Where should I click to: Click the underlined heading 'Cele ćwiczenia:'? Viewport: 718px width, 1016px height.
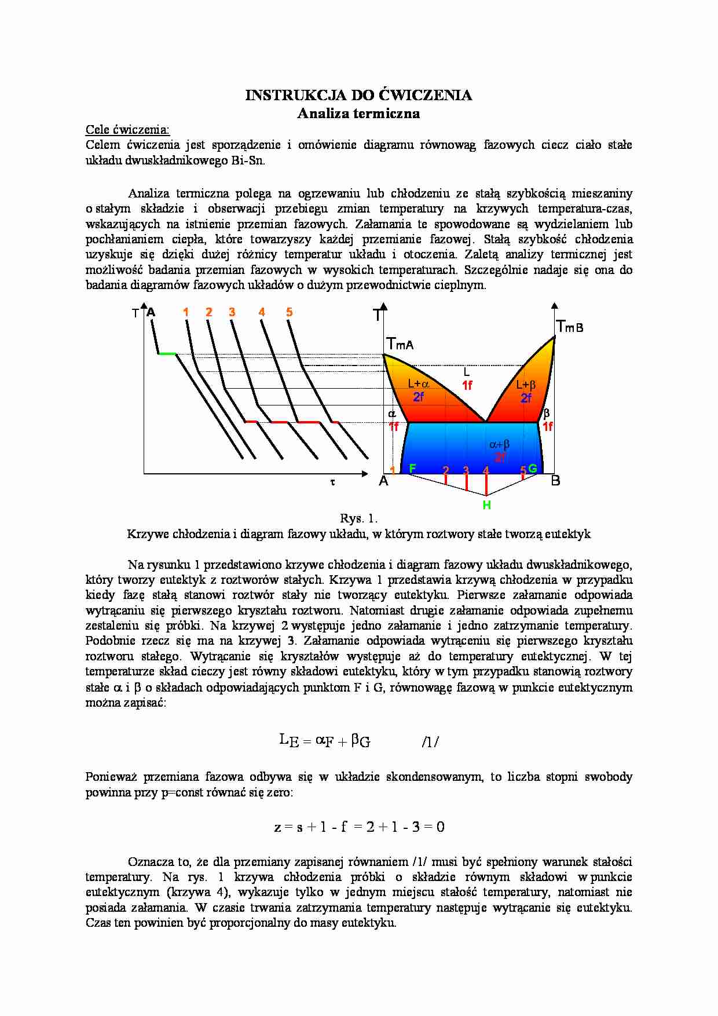[x=127, y=129]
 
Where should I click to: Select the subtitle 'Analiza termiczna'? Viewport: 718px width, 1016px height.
[x=358, y=114]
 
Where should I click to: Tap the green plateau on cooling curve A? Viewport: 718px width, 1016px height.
[x=167, y=353]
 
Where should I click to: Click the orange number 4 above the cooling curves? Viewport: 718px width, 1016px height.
[x=262, y=312]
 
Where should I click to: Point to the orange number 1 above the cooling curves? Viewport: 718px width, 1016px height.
[x=186, y=312]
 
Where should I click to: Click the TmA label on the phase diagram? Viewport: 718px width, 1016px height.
[x=400, y=345]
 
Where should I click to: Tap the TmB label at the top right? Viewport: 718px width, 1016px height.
[x=569, y=327]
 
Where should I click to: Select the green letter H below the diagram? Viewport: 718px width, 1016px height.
[x=486, y=505]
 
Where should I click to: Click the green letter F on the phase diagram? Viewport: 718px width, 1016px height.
[x=412, y=468]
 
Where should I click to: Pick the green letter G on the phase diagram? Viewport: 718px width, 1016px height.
[x=533, y=468]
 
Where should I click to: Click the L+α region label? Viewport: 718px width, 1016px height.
[x=418, y=383]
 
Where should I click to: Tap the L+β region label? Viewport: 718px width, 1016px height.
[x=526, y=385]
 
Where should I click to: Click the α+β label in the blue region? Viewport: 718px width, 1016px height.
[x=499, y=445]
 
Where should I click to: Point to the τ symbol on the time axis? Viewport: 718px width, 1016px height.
[x=333, y=482]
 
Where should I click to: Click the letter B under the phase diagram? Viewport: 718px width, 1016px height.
[x=555, y=481]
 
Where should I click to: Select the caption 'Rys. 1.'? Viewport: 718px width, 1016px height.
[x=358, y=518]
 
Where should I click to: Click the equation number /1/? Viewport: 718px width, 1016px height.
[x=430, y=741]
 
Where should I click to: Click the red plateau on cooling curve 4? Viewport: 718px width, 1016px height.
[x=307, y=423]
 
